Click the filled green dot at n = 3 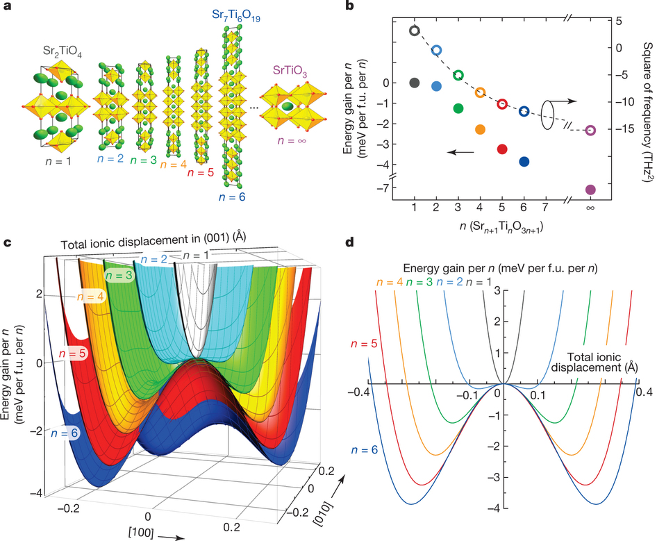click(458, 108)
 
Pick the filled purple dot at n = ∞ click(590, 190)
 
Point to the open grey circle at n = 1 click(415, 31)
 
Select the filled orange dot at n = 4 click(480, 129)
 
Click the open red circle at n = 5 click(502, 104)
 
